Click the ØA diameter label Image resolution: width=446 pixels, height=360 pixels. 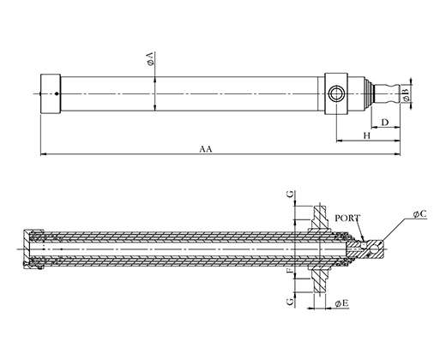[151, 59]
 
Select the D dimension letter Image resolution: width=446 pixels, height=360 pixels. [385, 122]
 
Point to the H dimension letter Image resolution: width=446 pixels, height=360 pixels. [367, 135]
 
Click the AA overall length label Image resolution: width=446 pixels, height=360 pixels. [206, 149]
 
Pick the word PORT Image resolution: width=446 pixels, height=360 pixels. [347, 218]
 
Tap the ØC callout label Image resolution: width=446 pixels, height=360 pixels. [419, 214]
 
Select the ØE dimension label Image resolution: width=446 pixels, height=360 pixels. [342, 303]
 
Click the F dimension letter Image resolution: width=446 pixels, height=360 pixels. [291, 270]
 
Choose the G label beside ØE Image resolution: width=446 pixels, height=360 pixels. [291, 302]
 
